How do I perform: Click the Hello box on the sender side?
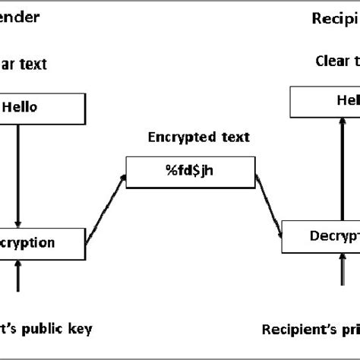click(41, 108)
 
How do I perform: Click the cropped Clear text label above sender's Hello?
click(23, 65)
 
